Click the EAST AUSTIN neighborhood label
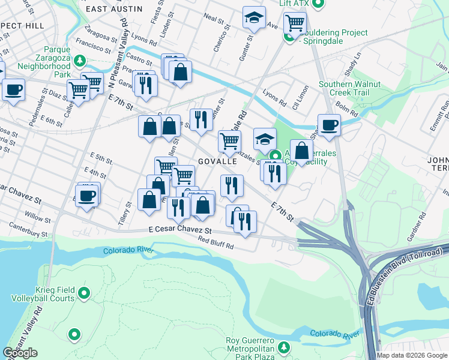point(114,9)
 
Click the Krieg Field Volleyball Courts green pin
point(84,293)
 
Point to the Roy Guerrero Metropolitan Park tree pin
point(284,347)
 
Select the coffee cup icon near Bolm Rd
point(329,125)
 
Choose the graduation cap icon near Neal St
point(254,17)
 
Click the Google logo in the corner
point(20,353)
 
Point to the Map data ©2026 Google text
point(412,355)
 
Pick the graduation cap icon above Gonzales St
point(265,139)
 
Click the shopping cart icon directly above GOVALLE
point(229,141)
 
